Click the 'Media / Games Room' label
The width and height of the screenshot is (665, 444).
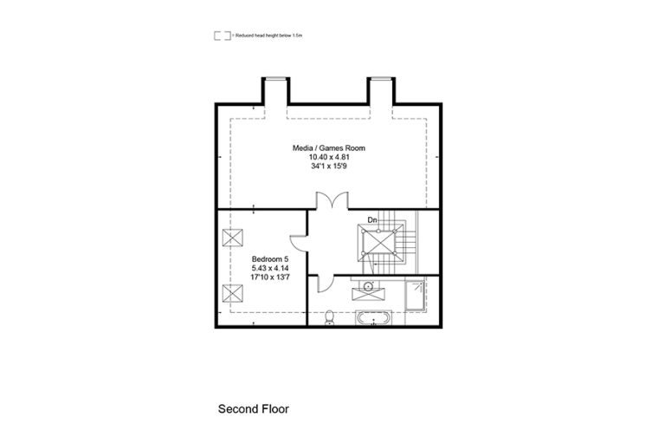click(x=328, y=148)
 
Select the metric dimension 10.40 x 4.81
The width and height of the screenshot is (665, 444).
click(x=328, y=157)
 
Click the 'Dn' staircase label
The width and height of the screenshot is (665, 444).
click(x=372, y=220)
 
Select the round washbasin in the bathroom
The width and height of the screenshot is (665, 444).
click(x=369, y=285)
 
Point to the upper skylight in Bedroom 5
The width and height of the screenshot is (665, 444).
click(x=231, y=238)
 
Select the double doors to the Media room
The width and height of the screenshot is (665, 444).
click(x=329, y=200)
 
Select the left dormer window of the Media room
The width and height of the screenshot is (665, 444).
click(x=276, y=90)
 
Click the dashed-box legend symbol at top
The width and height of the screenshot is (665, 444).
click(x=222, y=36)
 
